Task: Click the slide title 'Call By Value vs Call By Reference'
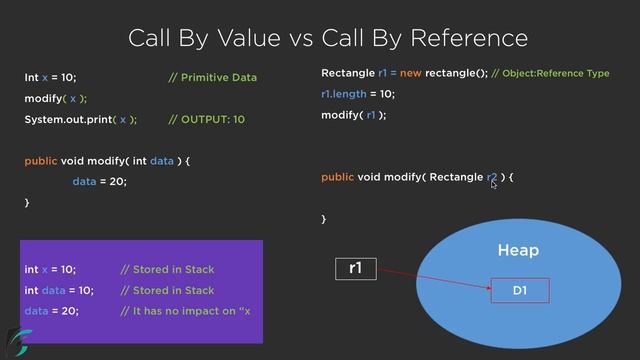tap(327, 38)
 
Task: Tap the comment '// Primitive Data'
tap(212, 77)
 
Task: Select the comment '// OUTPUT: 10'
tap(206, 119)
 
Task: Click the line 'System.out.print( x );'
tap(81, 119)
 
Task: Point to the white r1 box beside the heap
tap(355, 268)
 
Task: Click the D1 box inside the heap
tap(519, 291)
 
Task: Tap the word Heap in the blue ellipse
tap(518, 250)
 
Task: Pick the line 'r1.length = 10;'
tap(358, 94)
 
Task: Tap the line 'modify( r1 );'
tap(353, 115)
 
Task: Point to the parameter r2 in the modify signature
tap(491, 177)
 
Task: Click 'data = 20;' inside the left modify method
tap(100, 181)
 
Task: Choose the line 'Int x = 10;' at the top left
tap(50, 77)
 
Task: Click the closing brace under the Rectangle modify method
tap(323, 218)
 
